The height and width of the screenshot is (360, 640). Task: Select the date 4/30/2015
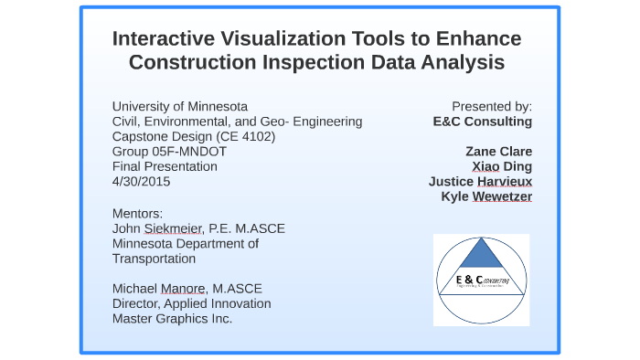[x=141, y=181]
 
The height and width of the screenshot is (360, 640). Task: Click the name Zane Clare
[x=498, y=151]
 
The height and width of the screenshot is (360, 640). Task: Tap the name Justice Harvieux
[x=480, y=181]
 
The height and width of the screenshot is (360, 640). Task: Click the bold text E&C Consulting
[x=482, y=121]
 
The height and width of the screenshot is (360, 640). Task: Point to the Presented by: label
[x=491, y=106]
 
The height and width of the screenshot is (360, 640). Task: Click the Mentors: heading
[x=137, y=214]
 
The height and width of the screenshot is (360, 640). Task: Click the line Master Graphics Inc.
[x=172, y=318]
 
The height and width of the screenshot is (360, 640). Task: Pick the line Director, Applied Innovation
[x=191, y=303]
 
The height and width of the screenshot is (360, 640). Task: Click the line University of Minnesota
[x=179, y=106]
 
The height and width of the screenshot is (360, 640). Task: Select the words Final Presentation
[x=165, y=166]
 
